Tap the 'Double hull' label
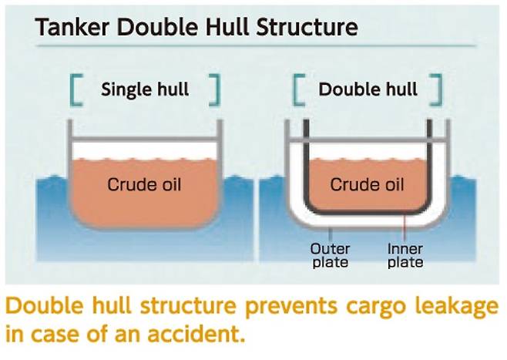point(368,89)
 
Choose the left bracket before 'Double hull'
point(297,89)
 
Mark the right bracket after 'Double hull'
point(438,89)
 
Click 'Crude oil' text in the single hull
point(144,184)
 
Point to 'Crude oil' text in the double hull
point(367,184)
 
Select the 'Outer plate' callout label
point(329,255)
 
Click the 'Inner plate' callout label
point(405,255)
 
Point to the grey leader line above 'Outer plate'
point(330,233)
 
